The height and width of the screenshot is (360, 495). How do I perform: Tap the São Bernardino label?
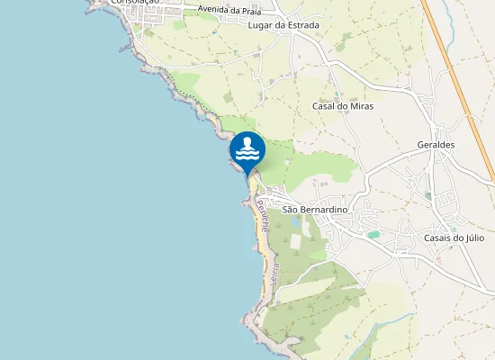point(315,210)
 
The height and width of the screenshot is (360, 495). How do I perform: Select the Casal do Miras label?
point(342,106)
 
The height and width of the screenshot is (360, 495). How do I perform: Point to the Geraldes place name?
point(436,145)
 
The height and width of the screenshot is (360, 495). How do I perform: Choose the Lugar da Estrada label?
point(283,25)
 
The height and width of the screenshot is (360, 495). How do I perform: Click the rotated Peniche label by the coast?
point(262,217)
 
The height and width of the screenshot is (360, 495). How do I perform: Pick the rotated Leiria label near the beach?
point(274,273)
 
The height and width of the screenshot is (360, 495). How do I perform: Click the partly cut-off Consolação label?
point(135,3)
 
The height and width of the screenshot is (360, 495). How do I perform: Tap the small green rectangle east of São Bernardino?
point(373,234)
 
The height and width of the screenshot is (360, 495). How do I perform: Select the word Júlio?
point(474,238)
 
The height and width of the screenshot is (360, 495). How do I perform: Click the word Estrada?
point(301,25)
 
